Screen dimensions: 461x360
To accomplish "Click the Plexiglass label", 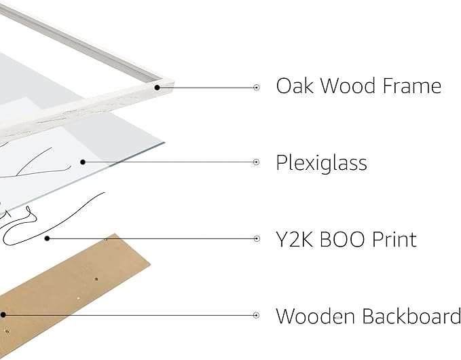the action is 321,163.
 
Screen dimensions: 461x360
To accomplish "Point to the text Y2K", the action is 294,239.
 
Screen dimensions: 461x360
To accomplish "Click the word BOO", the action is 342,239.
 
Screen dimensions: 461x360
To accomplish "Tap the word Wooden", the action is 315,316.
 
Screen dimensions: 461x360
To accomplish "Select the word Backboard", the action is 411,316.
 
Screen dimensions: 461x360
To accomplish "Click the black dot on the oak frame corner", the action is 158,88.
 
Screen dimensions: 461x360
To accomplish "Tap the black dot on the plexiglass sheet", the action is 83,162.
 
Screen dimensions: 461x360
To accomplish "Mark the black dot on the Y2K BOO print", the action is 47,238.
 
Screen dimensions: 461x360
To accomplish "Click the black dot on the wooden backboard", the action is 3,315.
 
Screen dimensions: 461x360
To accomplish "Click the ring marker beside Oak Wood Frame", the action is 257,88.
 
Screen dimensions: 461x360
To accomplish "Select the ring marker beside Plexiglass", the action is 257,162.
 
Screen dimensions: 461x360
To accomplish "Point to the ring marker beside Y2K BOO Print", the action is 257,238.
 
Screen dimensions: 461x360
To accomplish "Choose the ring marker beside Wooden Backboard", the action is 257,315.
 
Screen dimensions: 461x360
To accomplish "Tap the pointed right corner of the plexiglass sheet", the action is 164,143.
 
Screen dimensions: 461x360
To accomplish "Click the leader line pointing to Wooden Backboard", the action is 130,315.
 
